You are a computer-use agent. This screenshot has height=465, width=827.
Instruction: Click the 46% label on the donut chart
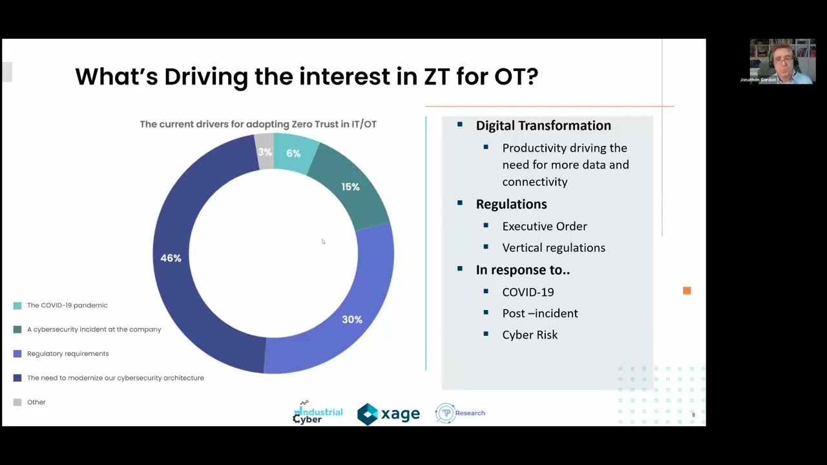[x=171, y=258]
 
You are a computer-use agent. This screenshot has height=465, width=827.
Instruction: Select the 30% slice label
[x=352, y=320]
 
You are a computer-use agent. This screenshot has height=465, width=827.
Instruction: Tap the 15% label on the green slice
[x=350, y=187]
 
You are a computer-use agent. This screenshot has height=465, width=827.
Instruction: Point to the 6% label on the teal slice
[x=293, y=154]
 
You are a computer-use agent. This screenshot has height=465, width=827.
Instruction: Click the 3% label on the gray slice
[x=265, y=152]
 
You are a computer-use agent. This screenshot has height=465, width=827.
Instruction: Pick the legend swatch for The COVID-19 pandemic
[x=17, y=305]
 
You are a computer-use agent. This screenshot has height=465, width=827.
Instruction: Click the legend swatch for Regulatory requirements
[x=17, y=354]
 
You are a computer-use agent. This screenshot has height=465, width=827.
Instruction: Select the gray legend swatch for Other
[x=17, y=402]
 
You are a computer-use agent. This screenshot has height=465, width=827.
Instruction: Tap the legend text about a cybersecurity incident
[x=94, y=329]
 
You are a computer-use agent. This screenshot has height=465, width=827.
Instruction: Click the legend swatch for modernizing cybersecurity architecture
[x=17, y=378]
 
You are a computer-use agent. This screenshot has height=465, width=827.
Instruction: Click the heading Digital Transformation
[x=543, y=126]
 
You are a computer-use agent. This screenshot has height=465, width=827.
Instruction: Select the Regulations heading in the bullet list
[x=511, y=204]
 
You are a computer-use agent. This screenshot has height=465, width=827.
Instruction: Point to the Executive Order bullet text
[x=545, y=227]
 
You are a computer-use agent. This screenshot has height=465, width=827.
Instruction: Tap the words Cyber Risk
[x=530, y=335]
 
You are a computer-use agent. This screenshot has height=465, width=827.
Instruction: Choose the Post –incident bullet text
[x=540, y=314]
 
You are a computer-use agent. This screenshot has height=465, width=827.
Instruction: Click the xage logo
[x=388, y=414]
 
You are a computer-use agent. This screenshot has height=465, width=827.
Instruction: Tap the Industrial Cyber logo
[x=317, y=413]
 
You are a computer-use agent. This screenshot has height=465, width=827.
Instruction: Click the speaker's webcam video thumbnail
[x=782, y=61]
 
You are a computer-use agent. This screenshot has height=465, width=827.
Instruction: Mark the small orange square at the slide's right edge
[x=687, y=291]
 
